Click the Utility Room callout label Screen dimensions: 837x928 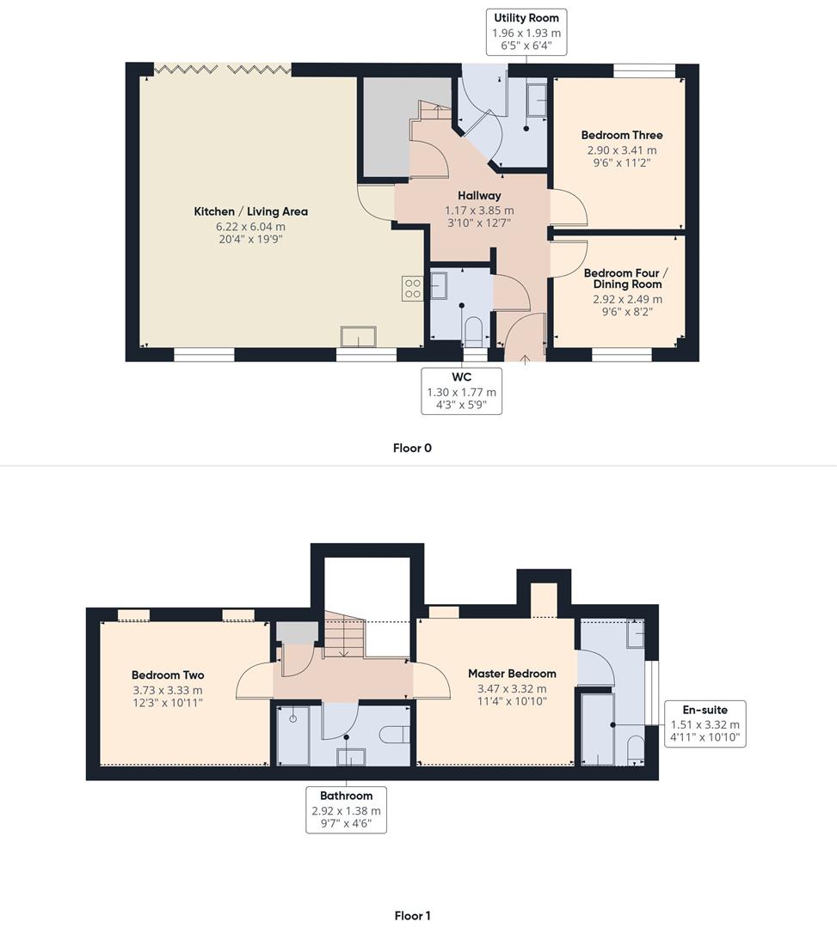pos(526,32)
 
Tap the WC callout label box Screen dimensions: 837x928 pos(461,391)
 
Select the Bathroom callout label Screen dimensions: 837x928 pos(346,809)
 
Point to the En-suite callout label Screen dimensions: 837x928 pos(705,723)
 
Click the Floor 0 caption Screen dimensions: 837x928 pos(412,448)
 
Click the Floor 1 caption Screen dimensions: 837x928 pos(412,916)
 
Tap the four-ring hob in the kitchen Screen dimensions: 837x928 pos(412,289)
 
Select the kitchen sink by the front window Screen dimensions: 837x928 pos(358,336)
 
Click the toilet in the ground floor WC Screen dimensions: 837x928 pos(474,332)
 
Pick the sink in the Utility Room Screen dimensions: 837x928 pos(537,101)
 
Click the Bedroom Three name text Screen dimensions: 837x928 pos(622,135)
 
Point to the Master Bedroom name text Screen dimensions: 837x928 pos(512,674)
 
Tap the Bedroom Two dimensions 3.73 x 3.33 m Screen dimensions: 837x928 pos(168,690)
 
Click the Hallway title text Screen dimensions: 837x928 pos(479,195)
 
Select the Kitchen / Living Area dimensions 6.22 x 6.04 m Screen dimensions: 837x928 pos(250,227)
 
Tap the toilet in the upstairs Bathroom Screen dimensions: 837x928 pos(395,735)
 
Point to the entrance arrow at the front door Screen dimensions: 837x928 pos(525,359)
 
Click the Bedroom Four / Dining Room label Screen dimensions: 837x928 pos(627,278)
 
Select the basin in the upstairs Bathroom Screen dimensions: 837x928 pos(351,757)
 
